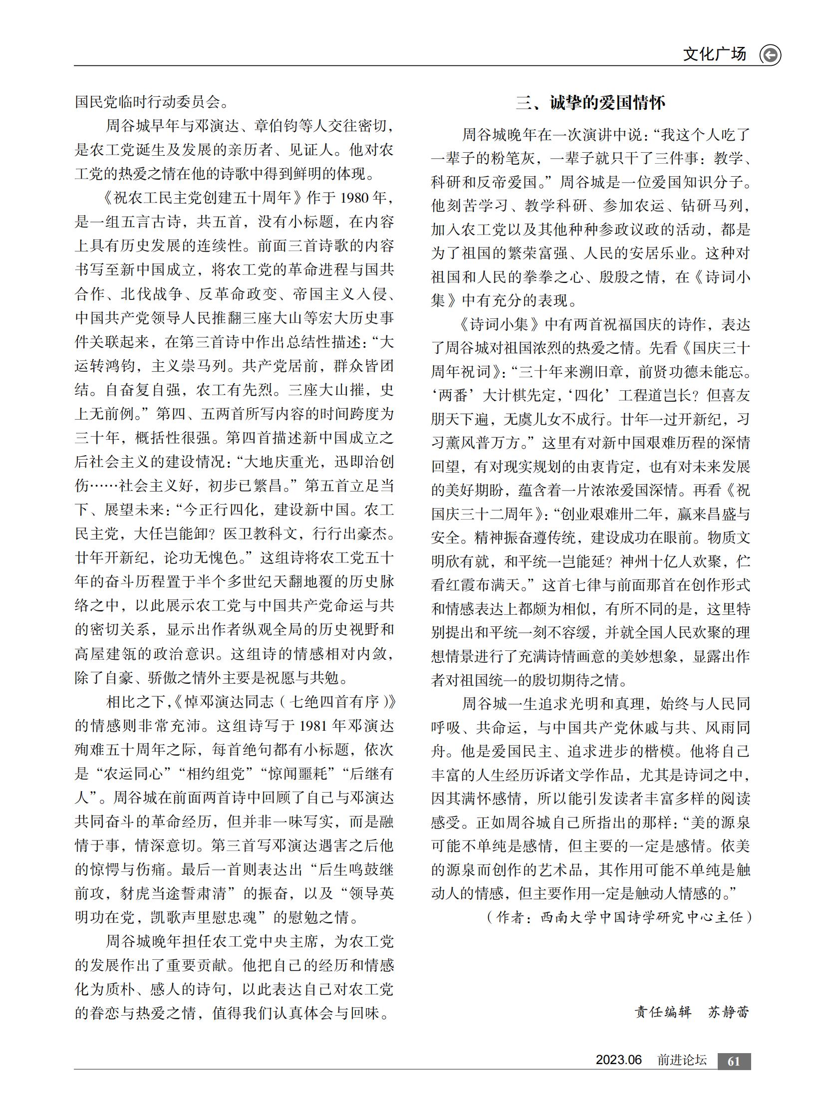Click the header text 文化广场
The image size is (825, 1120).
tap(714, 54)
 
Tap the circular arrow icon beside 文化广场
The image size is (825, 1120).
tap(770, 55)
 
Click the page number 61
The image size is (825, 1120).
tap(734, 1061)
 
